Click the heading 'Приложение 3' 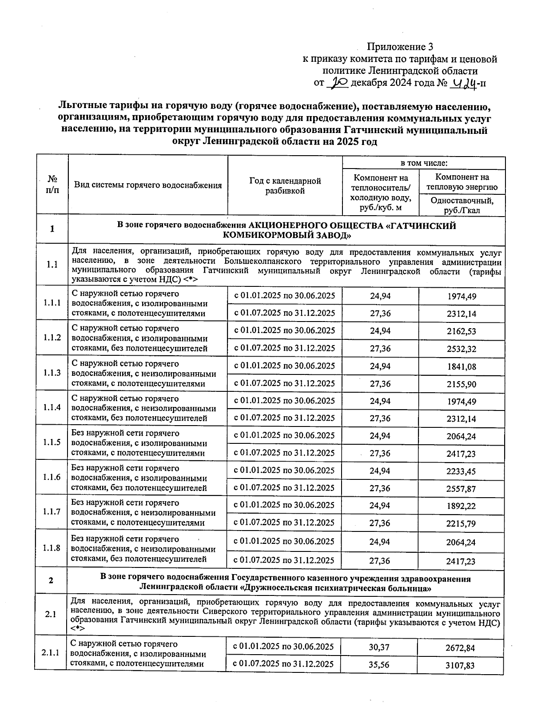click(399, 47)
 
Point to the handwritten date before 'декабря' click(338, 83)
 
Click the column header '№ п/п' click(52, 184)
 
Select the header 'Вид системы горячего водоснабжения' click(147, 185)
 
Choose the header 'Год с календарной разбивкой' click(285, 186)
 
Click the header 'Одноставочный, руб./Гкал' click(461, 205)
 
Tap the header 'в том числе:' click(424, 163)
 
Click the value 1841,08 click(461, 366)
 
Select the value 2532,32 click(461, 349)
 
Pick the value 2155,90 click(461, 384)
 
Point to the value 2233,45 click(461, 471)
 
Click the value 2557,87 click(461, 489)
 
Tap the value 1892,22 click(461, 506)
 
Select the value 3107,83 click(460, 665)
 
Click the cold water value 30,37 click(379, 648)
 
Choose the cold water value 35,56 click(379, 665)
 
